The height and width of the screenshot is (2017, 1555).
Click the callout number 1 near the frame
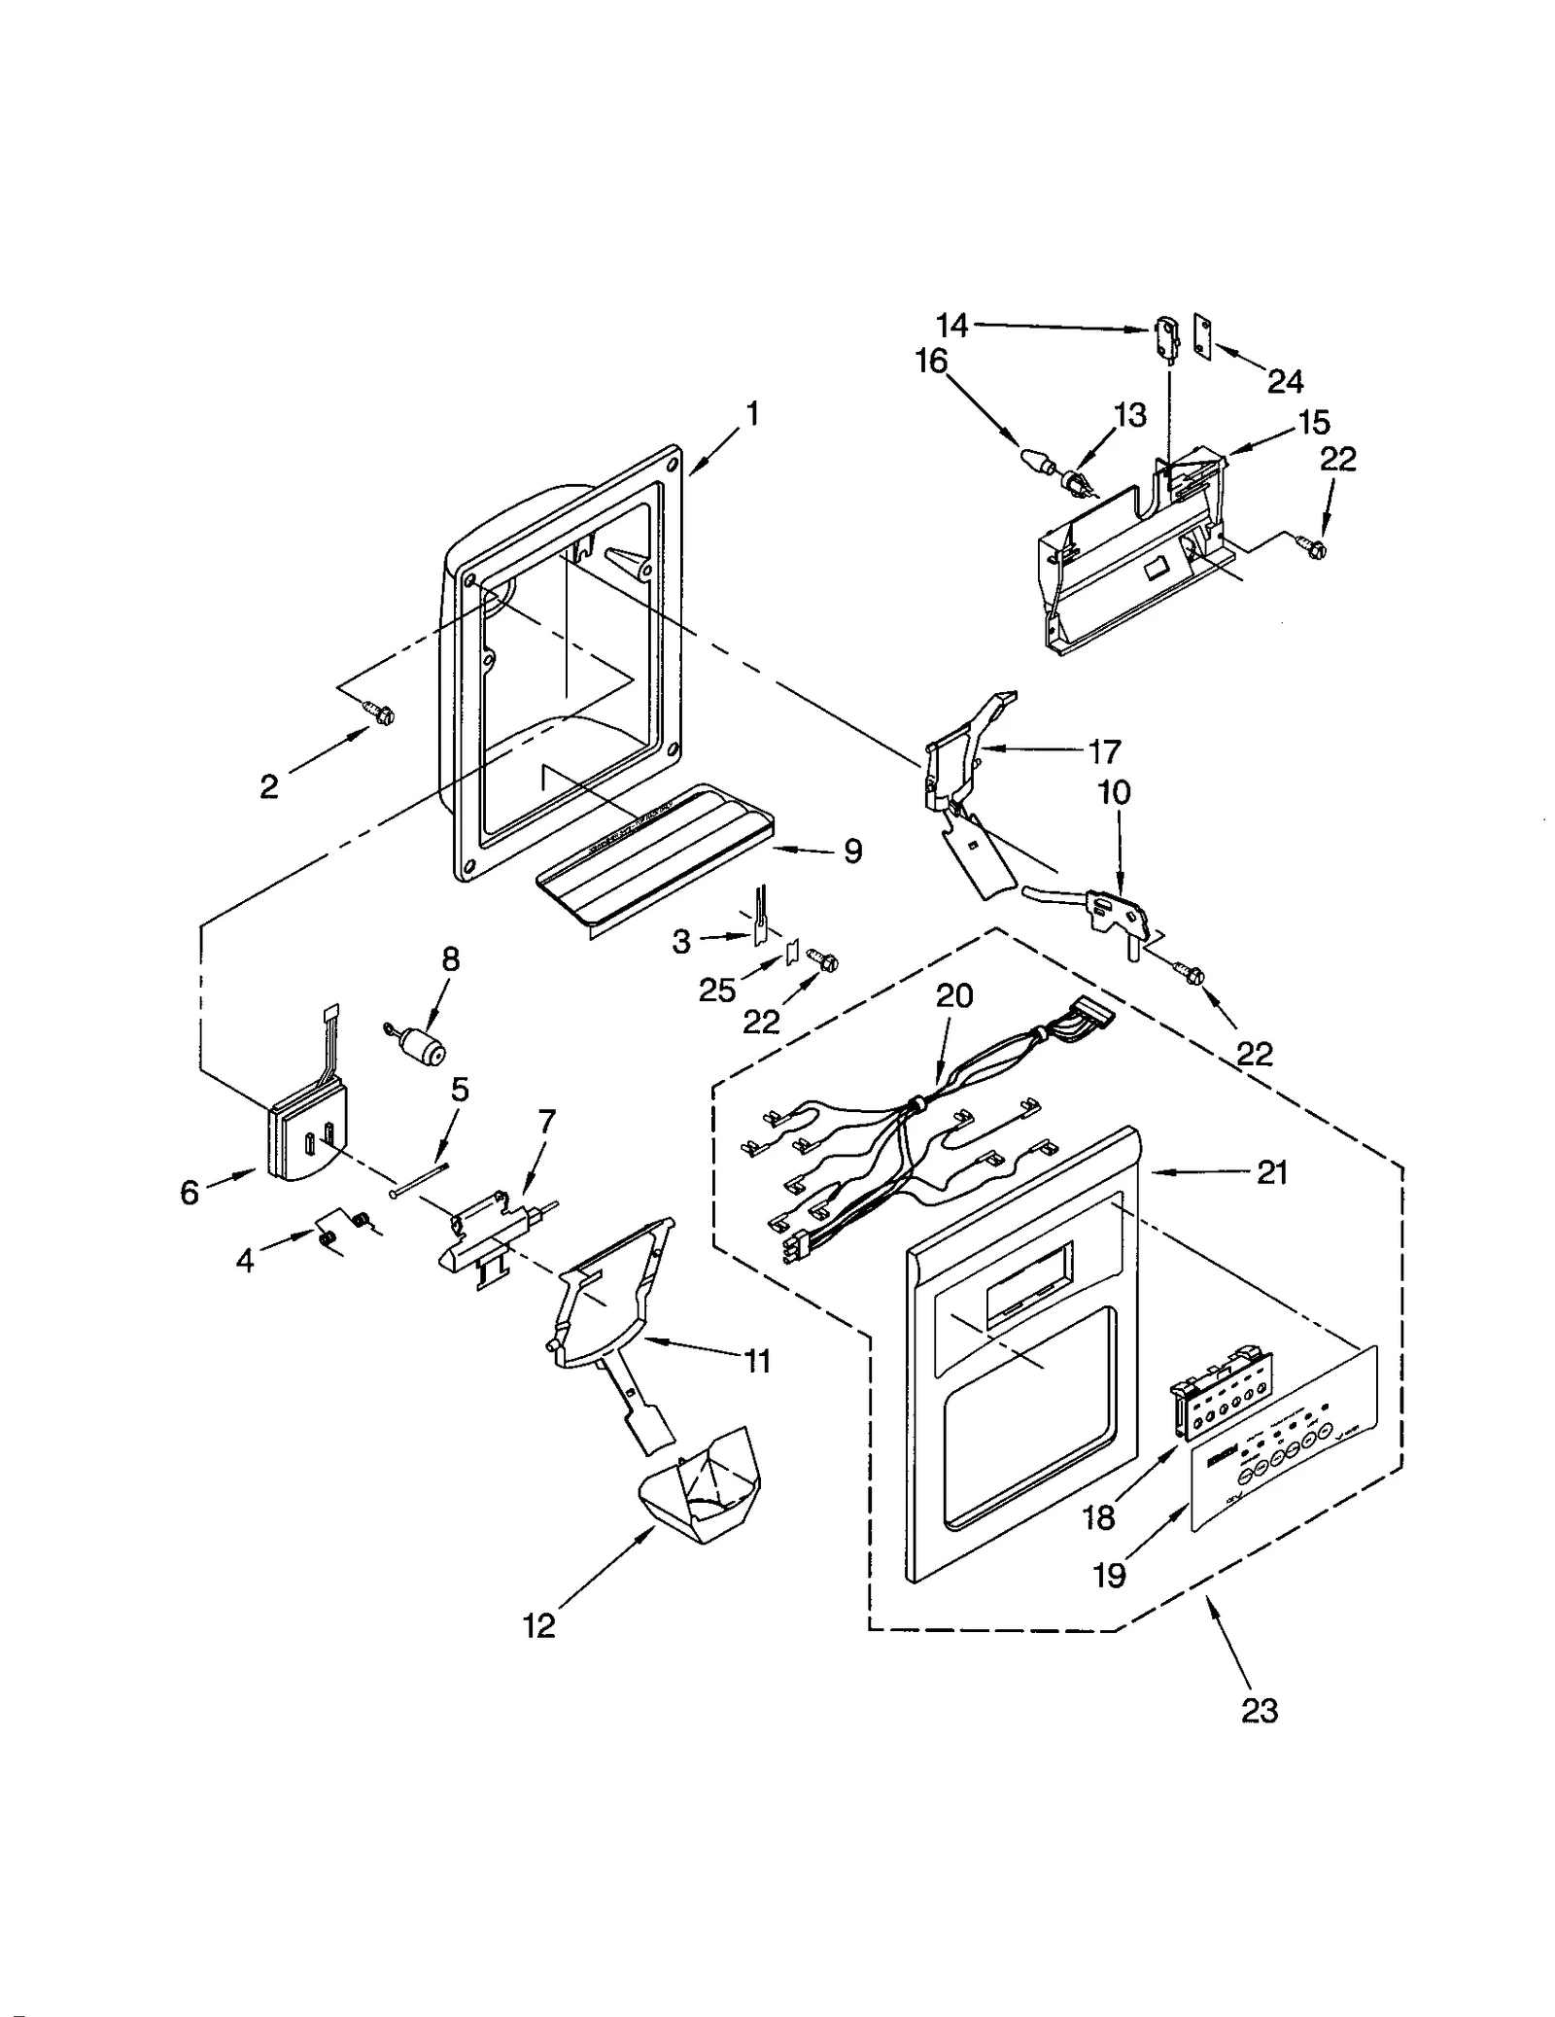(750, 415)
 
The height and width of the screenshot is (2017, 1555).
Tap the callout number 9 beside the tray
(852, 852)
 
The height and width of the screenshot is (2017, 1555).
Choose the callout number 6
(190, 1193)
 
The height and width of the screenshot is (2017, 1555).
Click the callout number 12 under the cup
(538, 1625)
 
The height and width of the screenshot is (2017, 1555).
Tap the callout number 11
(756, 1361)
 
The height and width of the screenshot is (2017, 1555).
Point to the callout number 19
(1109, 1576)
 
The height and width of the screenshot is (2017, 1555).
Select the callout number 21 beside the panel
(1271, 1173)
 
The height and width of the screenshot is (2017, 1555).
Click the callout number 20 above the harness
(953, 996)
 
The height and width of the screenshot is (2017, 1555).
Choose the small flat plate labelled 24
(1203, 337)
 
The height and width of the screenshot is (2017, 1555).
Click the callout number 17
(1104, 751)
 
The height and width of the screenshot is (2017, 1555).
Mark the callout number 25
(717, 990)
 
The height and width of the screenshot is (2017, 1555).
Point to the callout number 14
(952, 326)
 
